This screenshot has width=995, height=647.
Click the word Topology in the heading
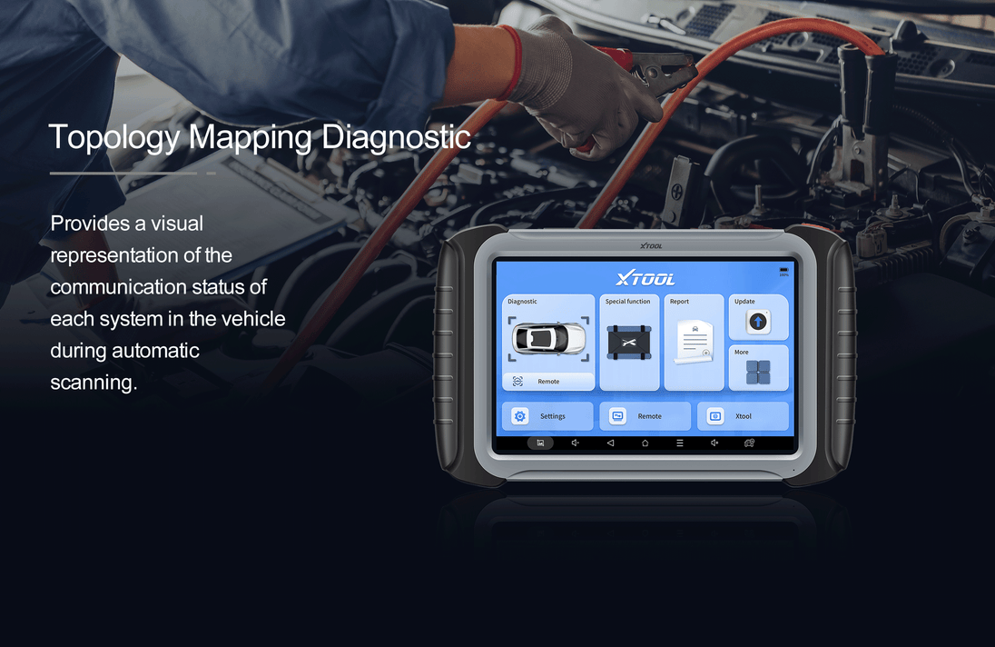coord(114,137)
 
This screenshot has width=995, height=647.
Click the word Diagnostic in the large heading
coord(396,136)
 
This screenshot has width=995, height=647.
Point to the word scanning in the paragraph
coord(94,383)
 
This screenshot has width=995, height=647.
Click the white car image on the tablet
coord(549,338)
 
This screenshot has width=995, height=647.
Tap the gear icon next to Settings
coord(519,416)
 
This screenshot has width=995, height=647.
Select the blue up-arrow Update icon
coord(758,322)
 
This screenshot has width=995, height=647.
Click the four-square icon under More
coord(758,372)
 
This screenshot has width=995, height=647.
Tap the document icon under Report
coord(694,343)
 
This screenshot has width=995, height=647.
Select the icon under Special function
coord(629,343)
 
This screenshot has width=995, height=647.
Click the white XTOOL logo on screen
coord(645,278)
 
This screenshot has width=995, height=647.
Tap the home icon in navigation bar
coord(645,443)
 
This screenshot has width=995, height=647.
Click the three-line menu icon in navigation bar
coord(680,443)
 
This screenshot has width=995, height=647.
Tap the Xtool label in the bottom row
coord(744,416)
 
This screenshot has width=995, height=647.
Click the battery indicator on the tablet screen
coord(783,270)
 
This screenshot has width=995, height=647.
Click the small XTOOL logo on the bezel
coord(651,245)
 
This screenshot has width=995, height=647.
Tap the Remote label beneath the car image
coord(548,382)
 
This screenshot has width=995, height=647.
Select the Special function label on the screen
coord(627,302)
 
